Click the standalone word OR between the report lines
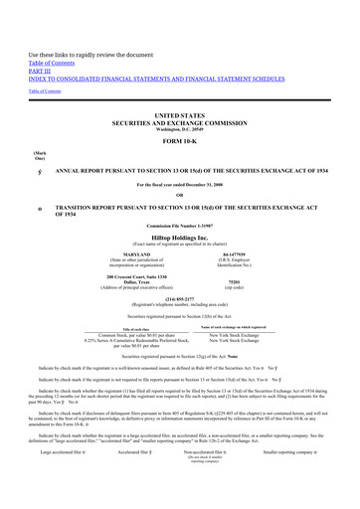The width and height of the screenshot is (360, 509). coord(179,193)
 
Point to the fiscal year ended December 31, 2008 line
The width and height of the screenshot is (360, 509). coord(179,183)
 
